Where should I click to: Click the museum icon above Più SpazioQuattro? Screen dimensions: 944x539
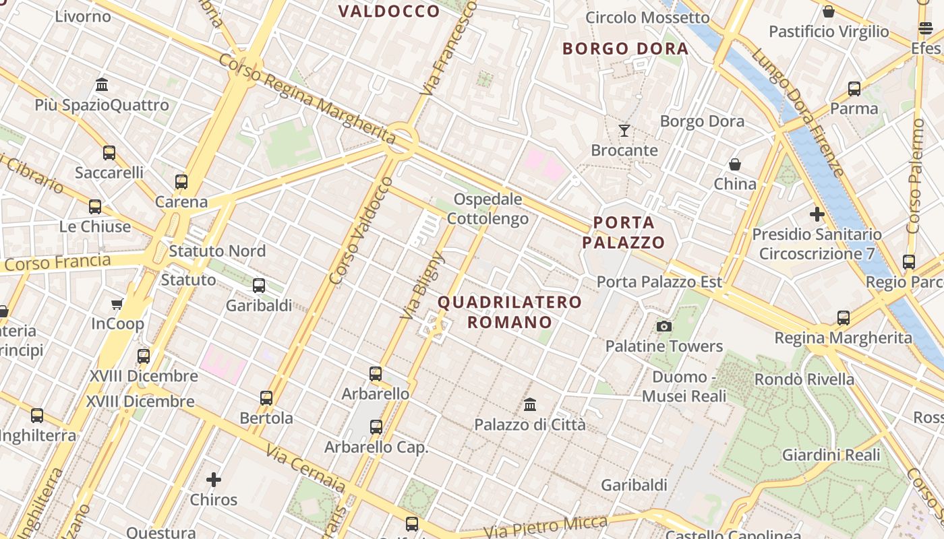pos(102,85)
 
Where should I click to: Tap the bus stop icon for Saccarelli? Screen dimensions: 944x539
pos(109,153)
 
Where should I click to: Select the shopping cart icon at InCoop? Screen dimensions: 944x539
pos(117,305)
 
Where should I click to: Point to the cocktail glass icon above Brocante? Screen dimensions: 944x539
pos(624,131)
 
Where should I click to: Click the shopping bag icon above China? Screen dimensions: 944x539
pos(735,164)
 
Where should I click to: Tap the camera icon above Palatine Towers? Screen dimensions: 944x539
pos(664,327)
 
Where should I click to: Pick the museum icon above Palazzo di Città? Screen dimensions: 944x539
pos(530,405)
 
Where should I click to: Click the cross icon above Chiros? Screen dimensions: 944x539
pos(214,480)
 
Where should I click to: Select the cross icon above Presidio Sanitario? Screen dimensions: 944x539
pos(817,215)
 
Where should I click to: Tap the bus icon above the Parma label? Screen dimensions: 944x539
pos(854,89)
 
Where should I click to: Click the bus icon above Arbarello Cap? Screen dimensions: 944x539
pos(376,427)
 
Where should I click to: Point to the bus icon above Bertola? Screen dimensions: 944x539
pos(266,398)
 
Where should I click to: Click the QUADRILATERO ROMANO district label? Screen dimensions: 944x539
pos(510,312)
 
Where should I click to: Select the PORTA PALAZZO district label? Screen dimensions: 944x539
pos(624,232)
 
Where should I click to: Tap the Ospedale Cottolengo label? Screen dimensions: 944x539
pos(488,209)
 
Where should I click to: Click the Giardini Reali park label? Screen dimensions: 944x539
pos(831,455)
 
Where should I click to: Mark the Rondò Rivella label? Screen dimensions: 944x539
pos(804,379)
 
